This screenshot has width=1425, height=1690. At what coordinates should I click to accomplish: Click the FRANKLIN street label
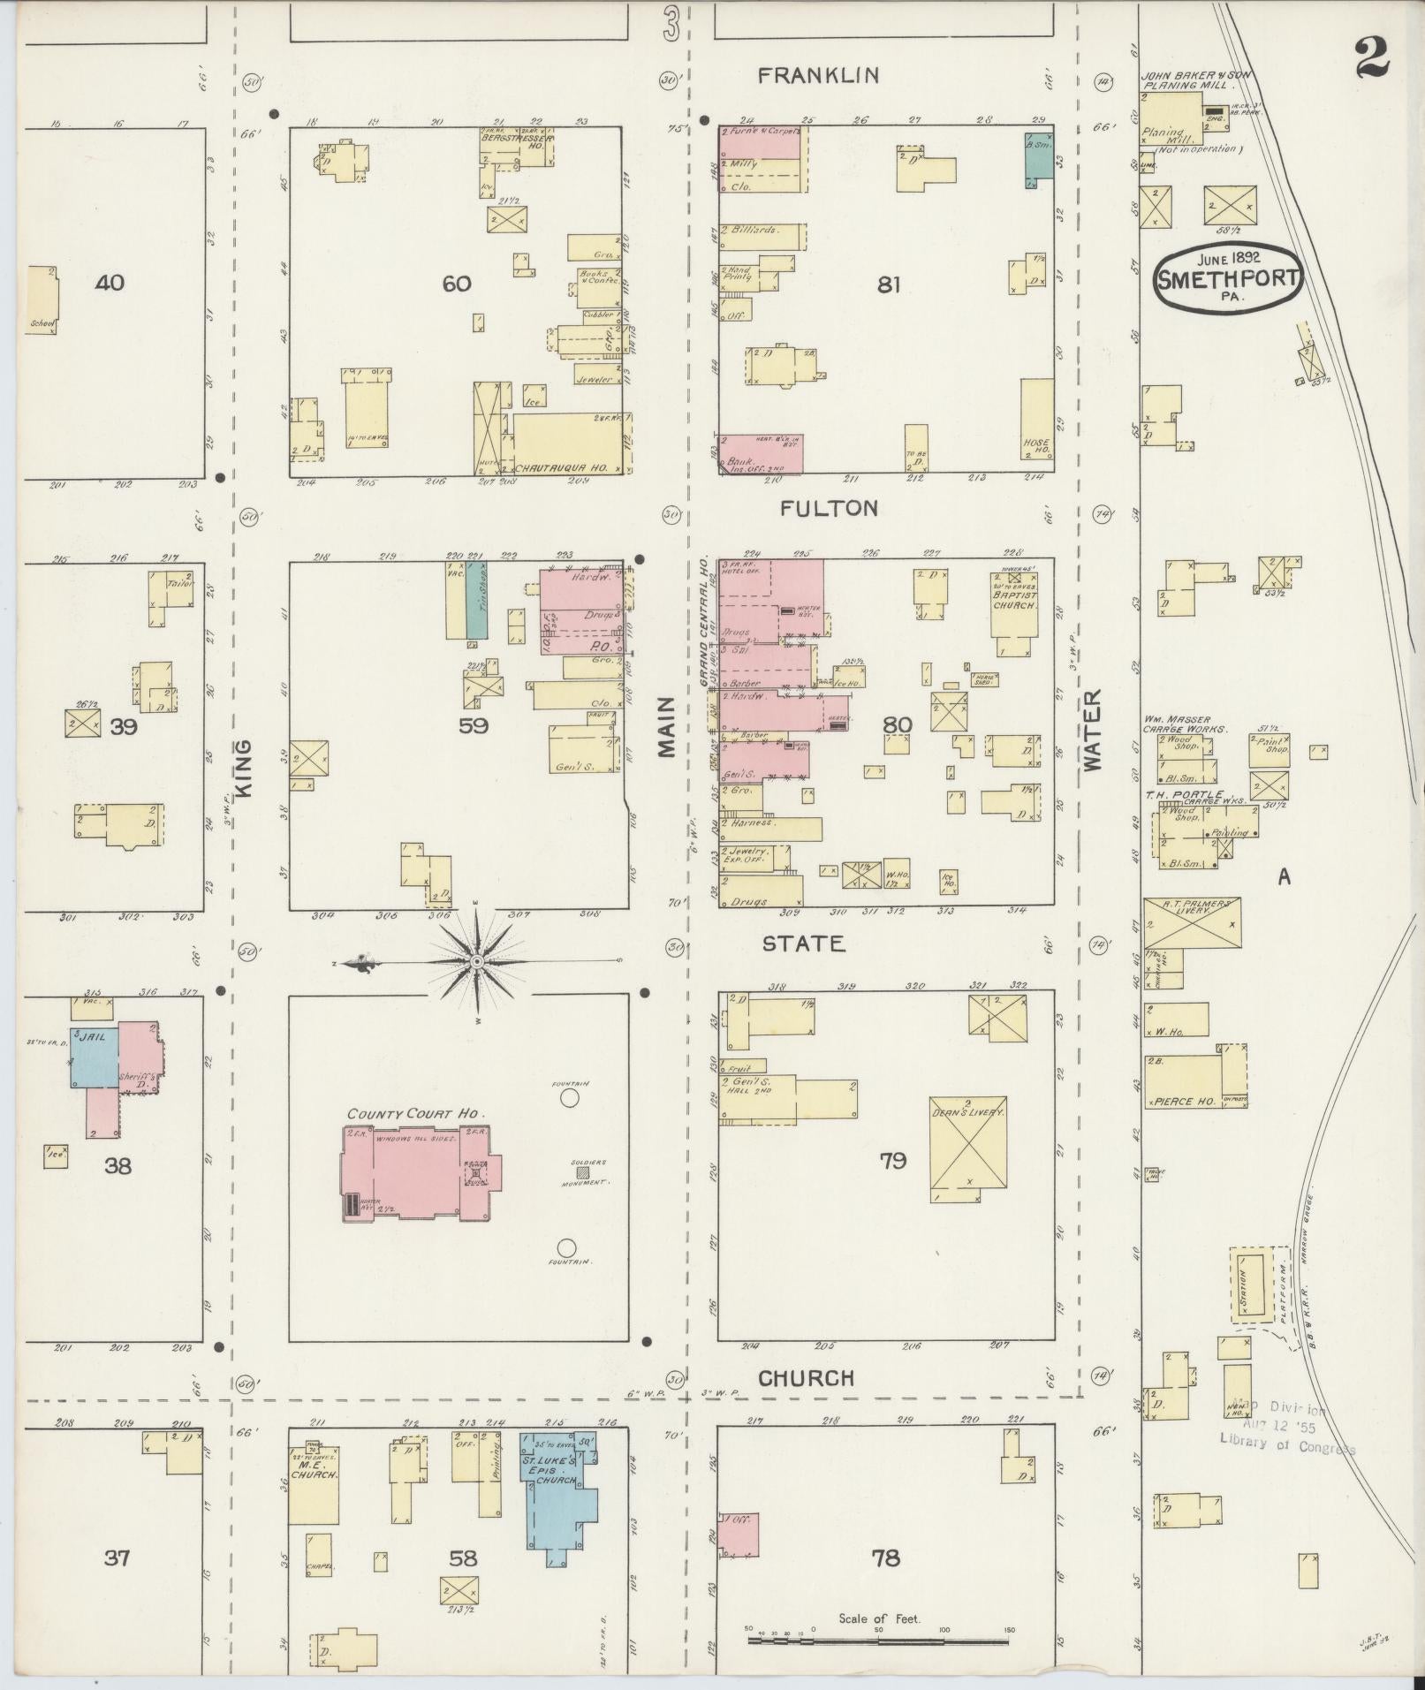pyautogui.click(x=819, y=76)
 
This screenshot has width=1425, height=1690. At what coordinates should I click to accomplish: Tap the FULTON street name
pyautogui.click(x=829, y=508)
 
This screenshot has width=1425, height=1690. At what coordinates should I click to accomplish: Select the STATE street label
pyautogui.click(x=803, y=944)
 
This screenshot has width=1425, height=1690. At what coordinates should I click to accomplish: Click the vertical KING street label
pyautogui.click(x=245, y=769)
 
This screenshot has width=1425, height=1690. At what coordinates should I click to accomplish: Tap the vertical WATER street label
pyautogui.click(x=1093, y=731)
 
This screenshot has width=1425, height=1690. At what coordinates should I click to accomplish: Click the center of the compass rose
pyautogui.click(x=477, y=961)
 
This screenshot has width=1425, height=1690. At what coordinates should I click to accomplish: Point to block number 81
pyautogui.click(x=889, y=284)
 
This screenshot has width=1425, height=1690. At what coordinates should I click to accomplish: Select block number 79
pyautogui.click(x=892, y=1160)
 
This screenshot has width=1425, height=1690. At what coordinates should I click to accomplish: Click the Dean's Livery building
pyautogui.click(x=967, y=1148)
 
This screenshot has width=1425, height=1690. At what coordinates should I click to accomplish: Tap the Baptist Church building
pyautogui.click(x=1014, y=610)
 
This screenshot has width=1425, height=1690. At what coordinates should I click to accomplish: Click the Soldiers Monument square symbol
pyautogui.click(x=583, y=1171)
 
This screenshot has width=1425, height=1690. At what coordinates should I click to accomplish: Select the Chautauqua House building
pyautogui.click(x=565, y=444)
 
